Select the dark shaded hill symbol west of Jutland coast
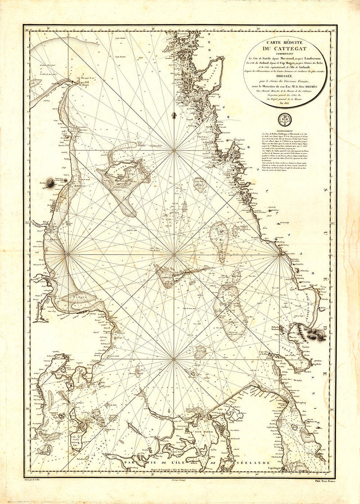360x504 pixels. [50, 182]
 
